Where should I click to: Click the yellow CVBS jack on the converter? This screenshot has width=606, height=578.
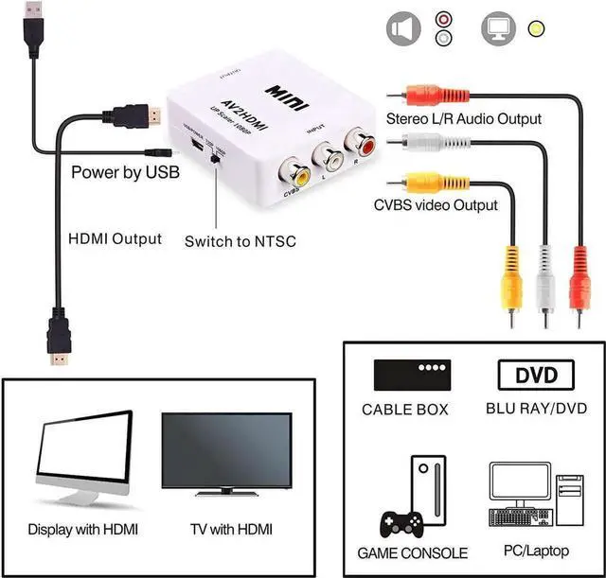coord(301,172)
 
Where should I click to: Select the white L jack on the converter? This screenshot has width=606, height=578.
coord(331,157)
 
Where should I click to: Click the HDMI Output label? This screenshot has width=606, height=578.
coord(115,239)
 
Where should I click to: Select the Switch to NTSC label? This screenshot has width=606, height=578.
coord(240,241)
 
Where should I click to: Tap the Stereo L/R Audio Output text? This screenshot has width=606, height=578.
coord(464,119)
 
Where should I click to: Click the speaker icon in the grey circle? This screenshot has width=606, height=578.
coord(402,29)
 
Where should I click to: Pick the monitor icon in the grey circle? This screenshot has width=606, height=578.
coord(498,29)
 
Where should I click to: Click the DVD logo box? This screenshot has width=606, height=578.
coord(536,375)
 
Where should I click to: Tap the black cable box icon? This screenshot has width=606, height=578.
coord(412,375)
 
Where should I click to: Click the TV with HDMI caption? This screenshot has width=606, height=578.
coord(223,530)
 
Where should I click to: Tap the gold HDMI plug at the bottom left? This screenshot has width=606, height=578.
coord(61,355)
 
